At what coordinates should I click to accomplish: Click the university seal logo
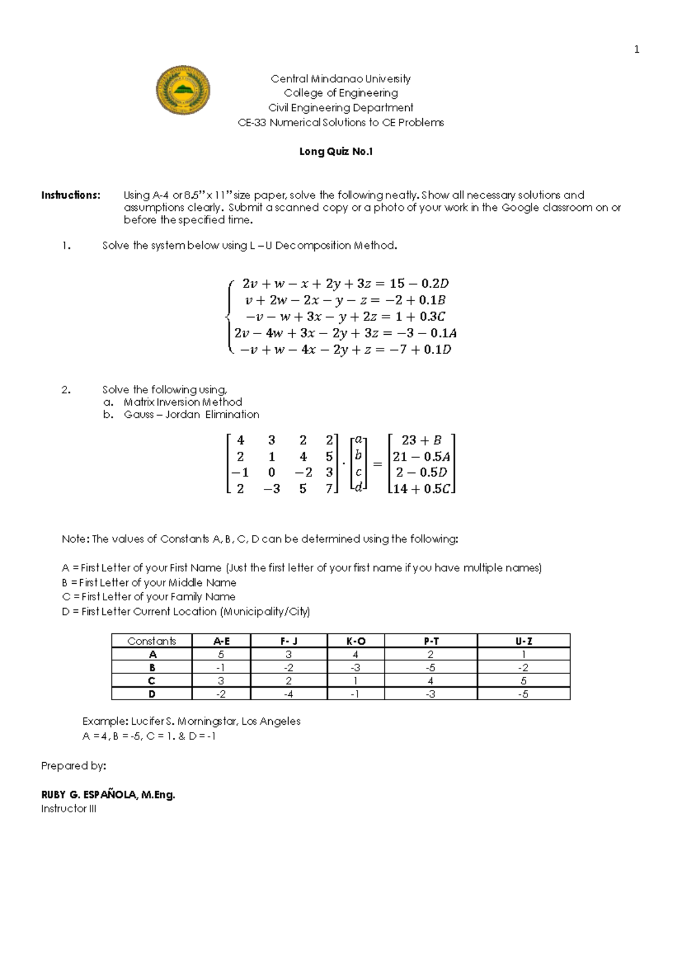183,90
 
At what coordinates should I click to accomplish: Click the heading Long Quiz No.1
336,152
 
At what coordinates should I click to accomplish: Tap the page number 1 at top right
637,49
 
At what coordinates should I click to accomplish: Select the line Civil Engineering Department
340,107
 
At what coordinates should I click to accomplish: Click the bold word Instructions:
70,195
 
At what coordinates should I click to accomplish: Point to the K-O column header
356,641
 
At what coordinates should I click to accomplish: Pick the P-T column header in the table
431,641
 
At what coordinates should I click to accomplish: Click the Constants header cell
152,641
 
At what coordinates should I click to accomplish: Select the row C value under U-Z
523,681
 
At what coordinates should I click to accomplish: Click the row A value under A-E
221,655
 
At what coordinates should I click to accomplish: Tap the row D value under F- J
288,694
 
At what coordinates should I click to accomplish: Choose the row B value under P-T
431,668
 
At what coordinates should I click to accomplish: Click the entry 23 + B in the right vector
421,440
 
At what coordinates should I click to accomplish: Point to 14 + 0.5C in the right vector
421,489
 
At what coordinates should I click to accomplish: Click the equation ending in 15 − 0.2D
345,283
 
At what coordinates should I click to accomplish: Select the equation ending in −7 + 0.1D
345,350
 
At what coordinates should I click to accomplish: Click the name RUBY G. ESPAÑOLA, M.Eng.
108,795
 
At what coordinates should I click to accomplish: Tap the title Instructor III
69,809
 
